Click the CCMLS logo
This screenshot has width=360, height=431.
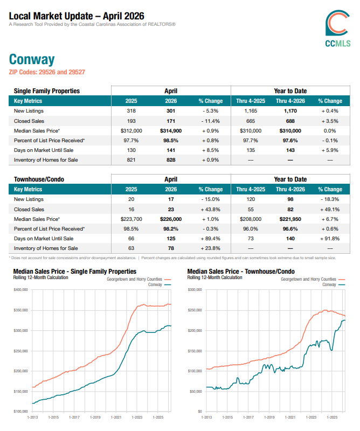tap(338, 29)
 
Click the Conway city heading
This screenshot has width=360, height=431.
tap(32, 59)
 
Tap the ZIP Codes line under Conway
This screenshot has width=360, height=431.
tap(47, 72)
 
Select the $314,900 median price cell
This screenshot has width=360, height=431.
tap(171, 131)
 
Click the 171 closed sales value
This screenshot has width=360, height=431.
tap(171, 121)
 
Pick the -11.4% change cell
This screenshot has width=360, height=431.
tap(210, 121)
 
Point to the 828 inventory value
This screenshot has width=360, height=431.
tap(171, 160)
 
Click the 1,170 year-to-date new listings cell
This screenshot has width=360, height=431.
tap(290, 111)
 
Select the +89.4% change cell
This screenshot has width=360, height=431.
tap(210, 239)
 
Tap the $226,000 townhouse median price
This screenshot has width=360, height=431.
tap(171, 219)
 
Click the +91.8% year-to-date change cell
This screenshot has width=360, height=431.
tap(330, 239)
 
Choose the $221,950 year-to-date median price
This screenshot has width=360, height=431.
tap(290, 219)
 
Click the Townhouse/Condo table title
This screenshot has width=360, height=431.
tap(39, 179)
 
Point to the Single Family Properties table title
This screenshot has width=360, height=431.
tap(47, 91)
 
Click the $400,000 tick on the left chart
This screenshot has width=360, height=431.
tap(21, 290)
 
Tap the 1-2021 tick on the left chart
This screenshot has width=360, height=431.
tap(116, 417)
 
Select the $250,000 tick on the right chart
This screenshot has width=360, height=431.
tap(195, 310)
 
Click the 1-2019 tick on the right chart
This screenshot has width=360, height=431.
tap(269, 417)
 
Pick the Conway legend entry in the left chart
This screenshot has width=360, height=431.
tap(160, 285)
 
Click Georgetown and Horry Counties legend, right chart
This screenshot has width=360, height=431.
tap(313, 279)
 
